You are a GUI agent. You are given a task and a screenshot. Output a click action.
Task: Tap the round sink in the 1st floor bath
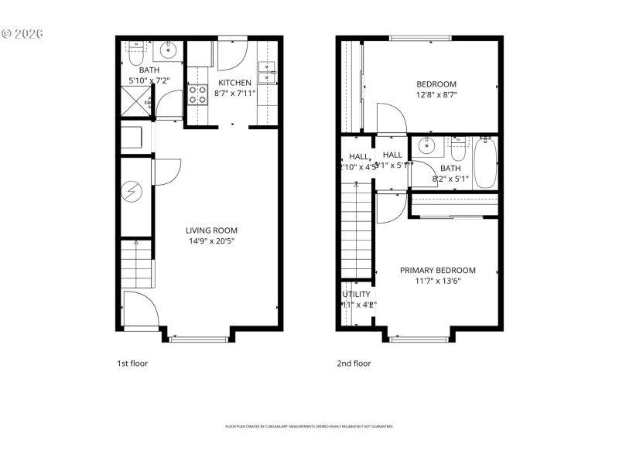168,52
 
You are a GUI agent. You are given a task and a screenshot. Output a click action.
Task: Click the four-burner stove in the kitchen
197,95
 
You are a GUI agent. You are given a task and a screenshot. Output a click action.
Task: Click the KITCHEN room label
234,83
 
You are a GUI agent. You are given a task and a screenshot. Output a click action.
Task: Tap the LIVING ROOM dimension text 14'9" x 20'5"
211,241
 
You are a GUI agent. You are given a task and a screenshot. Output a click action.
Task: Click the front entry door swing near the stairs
141,310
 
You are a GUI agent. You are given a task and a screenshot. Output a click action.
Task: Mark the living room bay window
198,338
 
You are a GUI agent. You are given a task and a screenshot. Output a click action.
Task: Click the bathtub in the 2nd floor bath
485,163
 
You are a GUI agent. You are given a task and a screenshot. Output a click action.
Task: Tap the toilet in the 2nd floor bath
457,145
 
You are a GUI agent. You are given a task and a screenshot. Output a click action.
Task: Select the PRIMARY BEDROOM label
437,271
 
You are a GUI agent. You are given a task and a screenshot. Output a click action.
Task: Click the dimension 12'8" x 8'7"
436,94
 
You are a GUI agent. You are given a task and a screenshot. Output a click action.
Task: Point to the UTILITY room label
356,295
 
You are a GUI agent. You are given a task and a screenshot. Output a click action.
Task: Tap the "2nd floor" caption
354,363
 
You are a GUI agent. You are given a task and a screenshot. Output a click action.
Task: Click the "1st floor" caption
132,363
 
